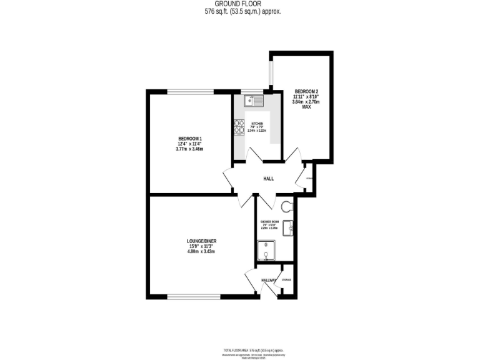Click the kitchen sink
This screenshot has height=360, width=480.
(x=254, y=99)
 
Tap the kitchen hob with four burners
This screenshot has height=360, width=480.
(x=239, y=127)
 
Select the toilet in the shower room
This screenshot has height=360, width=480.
(x=288, y=206)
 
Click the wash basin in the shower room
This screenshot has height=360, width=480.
(x=289, y=227)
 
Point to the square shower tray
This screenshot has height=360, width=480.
(x=266, y=251)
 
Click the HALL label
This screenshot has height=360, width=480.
(x=268, y=179)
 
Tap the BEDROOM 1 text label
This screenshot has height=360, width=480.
(x=190, y=138)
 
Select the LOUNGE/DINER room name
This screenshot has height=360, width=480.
(x=201, y=241)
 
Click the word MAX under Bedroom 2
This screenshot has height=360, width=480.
(x=306, y=107)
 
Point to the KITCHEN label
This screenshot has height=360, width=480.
(x=257, y=124)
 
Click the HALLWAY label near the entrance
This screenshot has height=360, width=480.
(x=269, y=281)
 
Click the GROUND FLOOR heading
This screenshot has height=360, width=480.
(x=240, y=4)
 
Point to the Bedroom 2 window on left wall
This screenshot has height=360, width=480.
(x=270, y=74)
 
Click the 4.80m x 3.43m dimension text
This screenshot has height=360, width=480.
(x=201, y=251)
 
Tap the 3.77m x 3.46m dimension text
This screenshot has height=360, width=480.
(x=190, y=149)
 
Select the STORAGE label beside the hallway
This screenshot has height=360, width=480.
(x=286, y=279)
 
